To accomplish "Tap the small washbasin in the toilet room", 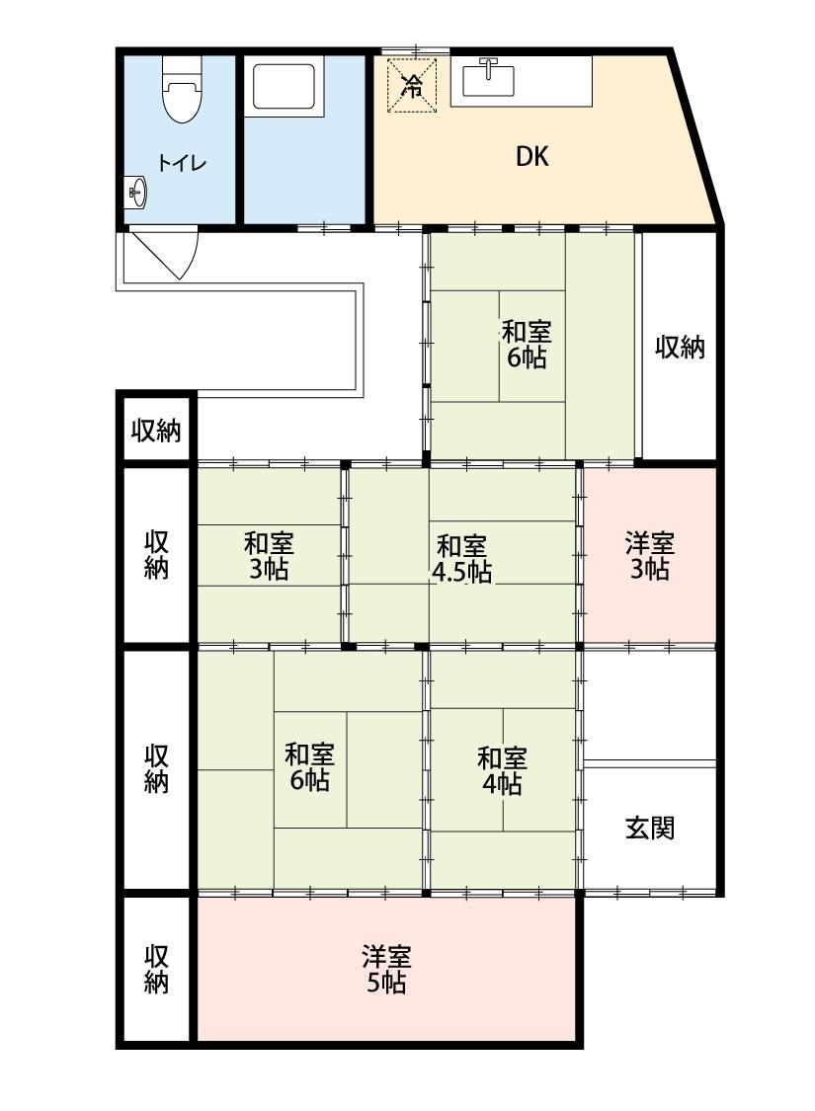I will pos(136,193).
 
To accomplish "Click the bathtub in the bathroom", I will pos(286,87).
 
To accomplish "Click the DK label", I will pos(532,156).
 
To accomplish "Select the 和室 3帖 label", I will pos(269,556).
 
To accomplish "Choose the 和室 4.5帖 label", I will pos(461,558).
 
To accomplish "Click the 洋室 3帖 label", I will pos(649,555).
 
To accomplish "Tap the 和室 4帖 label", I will pos(502,770).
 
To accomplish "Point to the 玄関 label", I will pos(650,828).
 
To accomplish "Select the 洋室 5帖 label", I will pos(385,969).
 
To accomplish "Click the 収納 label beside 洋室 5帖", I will pos(157,969).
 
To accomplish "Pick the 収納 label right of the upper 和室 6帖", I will pos(680,347).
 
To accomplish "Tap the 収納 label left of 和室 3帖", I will pos(157,555).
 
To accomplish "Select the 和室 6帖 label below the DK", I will pos(527,344).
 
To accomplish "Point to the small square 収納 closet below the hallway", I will pos(157,430).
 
